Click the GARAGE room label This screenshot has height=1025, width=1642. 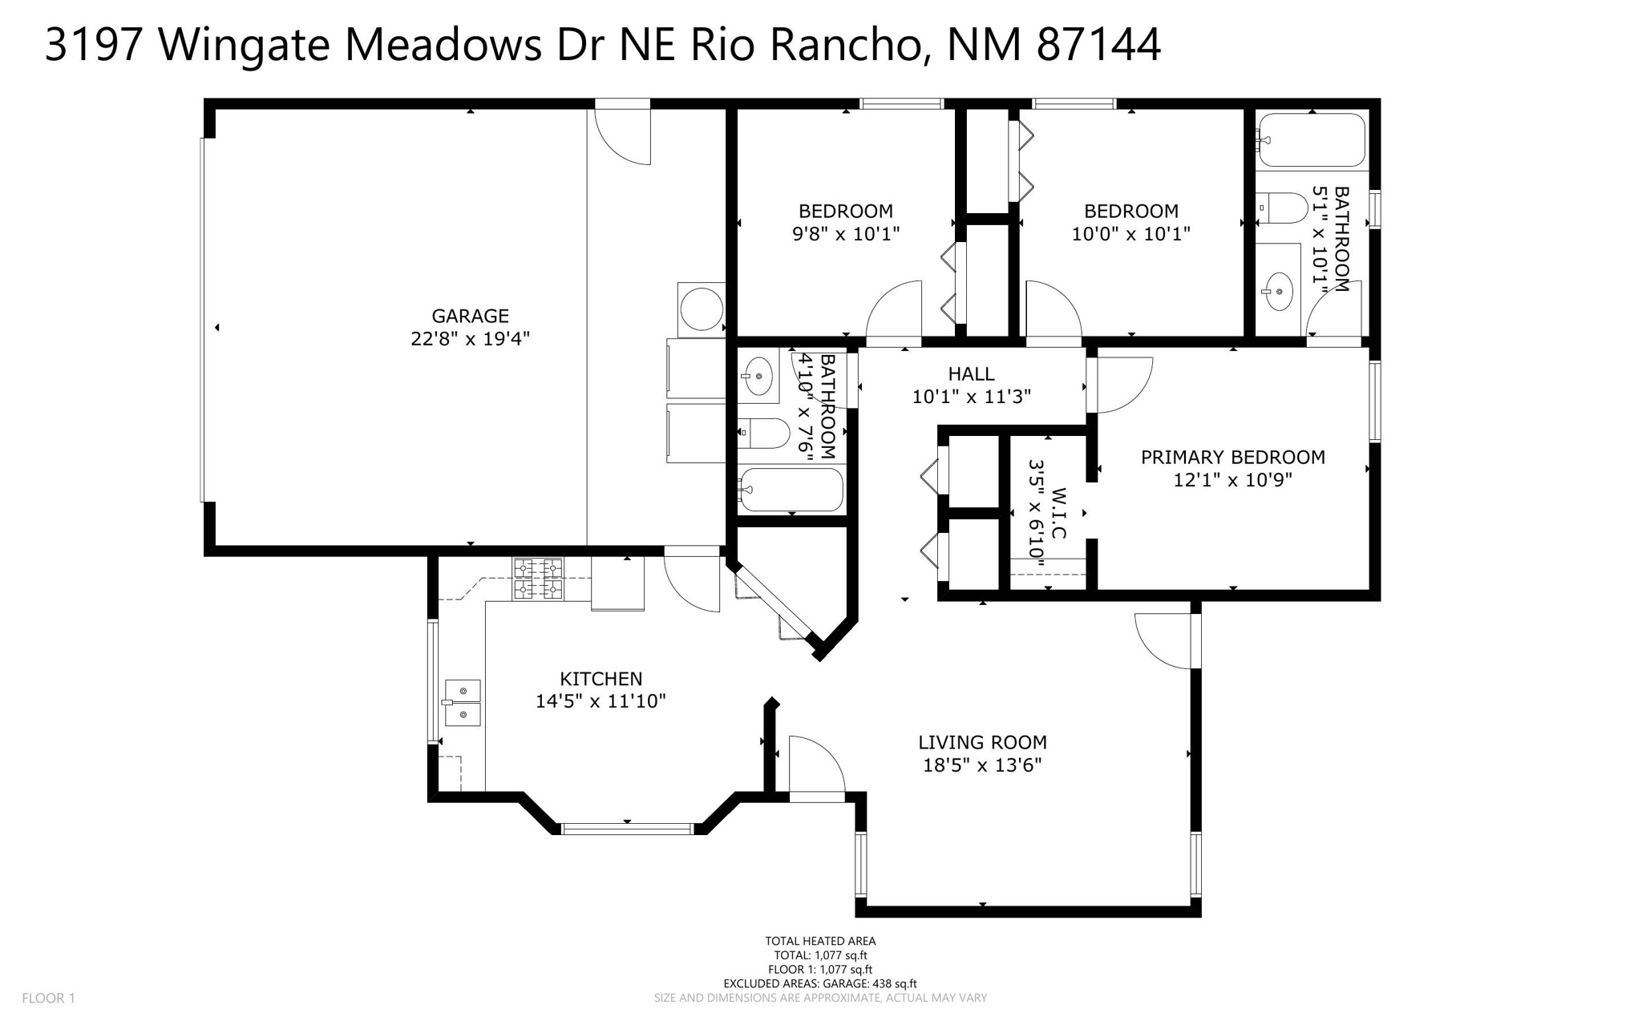pos(470,316)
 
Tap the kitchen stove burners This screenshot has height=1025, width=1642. pos(538,579)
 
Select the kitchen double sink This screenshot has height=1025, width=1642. pos(463,703)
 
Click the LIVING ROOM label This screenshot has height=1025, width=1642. pos(982,742)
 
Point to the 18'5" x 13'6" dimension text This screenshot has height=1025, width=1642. pos(982,765)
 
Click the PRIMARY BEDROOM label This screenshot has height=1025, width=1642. pos(1233,457)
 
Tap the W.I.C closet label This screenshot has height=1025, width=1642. pos(1058,513)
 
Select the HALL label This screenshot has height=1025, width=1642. pos(972,373)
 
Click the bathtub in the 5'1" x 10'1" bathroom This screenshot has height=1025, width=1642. pos(1311,140)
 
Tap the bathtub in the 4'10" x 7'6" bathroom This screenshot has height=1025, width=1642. pos(791,490)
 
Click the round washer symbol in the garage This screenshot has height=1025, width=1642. pos(701,309)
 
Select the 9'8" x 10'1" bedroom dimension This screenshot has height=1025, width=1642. pos(846,234)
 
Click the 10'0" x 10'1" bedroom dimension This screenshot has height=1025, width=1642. pos(1131,234)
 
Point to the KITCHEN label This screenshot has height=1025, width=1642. pos(601,679)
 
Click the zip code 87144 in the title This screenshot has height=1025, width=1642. pos(1099,45)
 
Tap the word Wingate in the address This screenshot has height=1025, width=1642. pos(245,46)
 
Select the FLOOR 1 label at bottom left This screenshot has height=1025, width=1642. pos(49,999)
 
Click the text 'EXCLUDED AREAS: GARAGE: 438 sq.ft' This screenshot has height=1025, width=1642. pos(820,983)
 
